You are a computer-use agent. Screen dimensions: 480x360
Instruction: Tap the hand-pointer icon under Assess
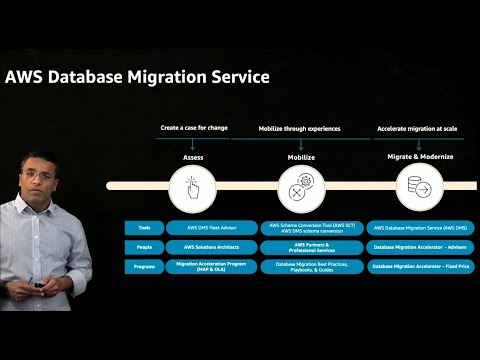tap(194, 186)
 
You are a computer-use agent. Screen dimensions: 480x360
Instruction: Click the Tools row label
tap(145, 228)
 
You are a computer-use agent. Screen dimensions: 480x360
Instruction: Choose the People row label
tap(145, 247)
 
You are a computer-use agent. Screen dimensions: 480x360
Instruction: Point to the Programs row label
tap(145, 266)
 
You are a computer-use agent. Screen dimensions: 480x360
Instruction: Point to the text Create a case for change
tap(194, 129)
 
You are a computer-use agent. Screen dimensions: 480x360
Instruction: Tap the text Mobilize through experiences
tap(301, 129)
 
